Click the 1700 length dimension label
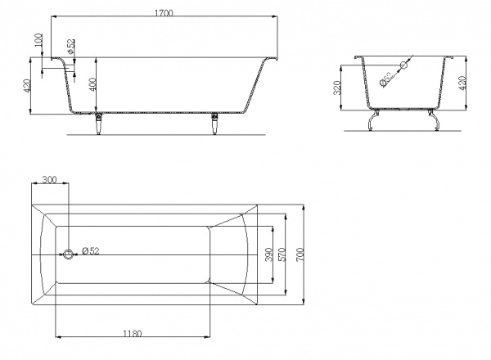[x=164, y=13]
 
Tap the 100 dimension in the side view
[x=38, y=40]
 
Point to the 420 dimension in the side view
[x=26, y=86]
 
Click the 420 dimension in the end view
[x=462, y=83]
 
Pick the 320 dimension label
[x=337, y=88]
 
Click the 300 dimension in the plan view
[x=49, y=180]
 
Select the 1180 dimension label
[x=132, y=333]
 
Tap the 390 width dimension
[x=269, y=254]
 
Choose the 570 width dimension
[x=282, y=254]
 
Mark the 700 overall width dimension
[x=300, y=254]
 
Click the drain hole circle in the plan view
[x=68, y=254]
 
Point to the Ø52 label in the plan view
[x=91, y=250]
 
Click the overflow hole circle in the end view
[x=403, y=65]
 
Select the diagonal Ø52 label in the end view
[x=385, y=79]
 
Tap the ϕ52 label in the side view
[x=70, y=46]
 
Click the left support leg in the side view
[x=98, y=124]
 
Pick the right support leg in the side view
[x=214, y=124]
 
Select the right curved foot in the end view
[x=434, y=119]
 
